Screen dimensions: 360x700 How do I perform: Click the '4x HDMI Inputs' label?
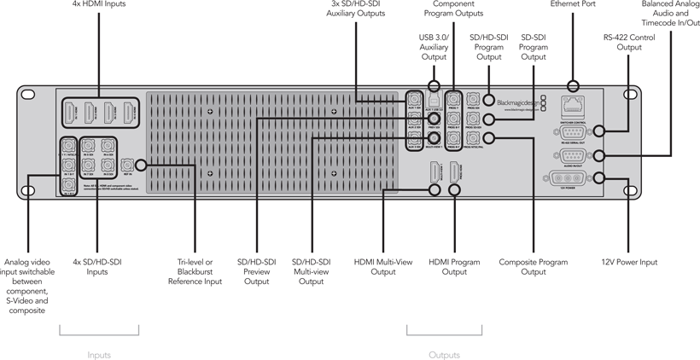pos(98,4)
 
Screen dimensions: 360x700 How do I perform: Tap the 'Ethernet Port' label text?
pos(573,4)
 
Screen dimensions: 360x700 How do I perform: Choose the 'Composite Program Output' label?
pos(534,267)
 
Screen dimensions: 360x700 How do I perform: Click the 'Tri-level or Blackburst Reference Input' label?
pos(195,271)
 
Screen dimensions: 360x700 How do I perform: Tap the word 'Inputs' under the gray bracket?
pos(99,354)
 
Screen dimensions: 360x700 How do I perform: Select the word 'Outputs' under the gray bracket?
pos(444,354)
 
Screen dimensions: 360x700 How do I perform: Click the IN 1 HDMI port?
pos(69,112)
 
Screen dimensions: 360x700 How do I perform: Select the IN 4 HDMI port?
pos(129,112)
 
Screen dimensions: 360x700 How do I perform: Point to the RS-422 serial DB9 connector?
pos(571,131)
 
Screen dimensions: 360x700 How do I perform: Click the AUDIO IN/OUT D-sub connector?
pos(571,154)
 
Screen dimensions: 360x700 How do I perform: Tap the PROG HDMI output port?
pos(455,172)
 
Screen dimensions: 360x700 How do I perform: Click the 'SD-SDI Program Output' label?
pos(534,47)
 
